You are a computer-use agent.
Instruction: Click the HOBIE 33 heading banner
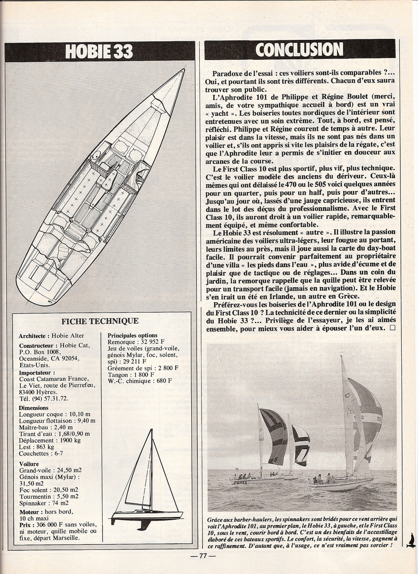point(99,51)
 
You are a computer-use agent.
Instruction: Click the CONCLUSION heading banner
point(300,49)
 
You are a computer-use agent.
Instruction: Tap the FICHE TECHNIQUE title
point(100,321)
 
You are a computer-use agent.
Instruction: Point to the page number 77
point(202,557)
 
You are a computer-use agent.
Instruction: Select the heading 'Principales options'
point(132,335)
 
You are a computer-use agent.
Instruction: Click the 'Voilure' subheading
point(29,464)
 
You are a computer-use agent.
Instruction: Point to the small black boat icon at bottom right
point(410,540)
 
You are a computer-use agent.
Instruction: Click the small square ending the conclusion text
point(392,328)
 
